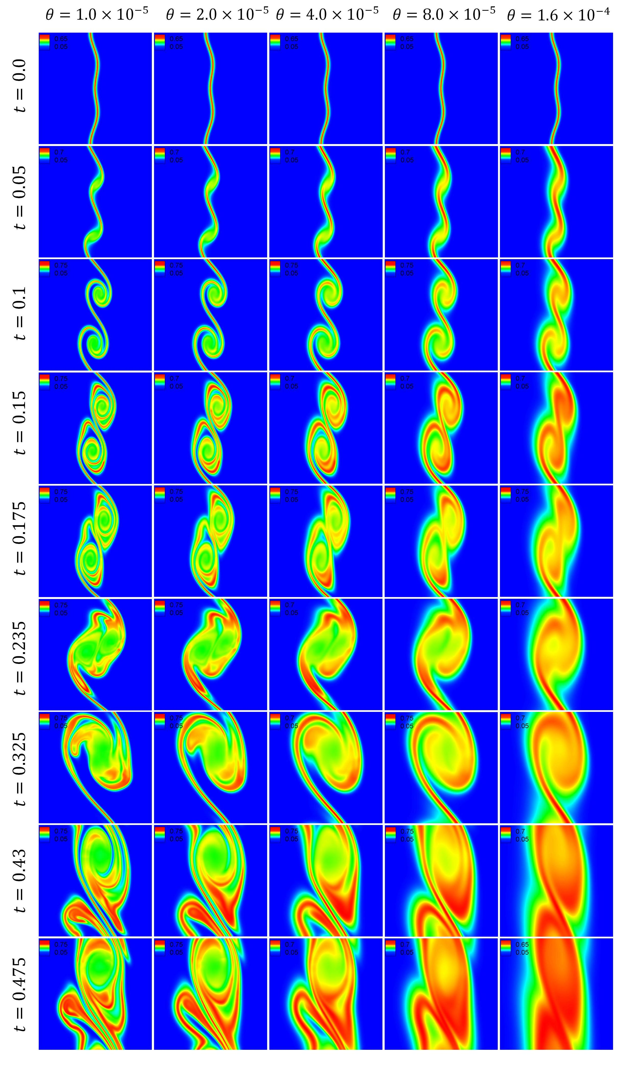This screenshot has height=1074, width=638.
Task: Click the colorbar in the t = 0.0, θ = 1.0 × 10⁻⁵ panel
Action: (x=45, y=42)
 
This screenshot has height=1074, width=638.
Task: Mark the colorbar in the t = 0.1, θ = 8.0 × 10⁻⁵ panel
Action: (x=390, y=269)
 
